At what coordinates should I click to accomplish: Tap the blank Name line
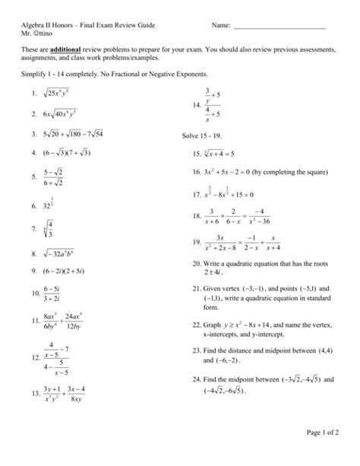(x=279, y=27)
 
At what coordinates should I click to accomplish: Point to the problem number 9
(x=34, y=271)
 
